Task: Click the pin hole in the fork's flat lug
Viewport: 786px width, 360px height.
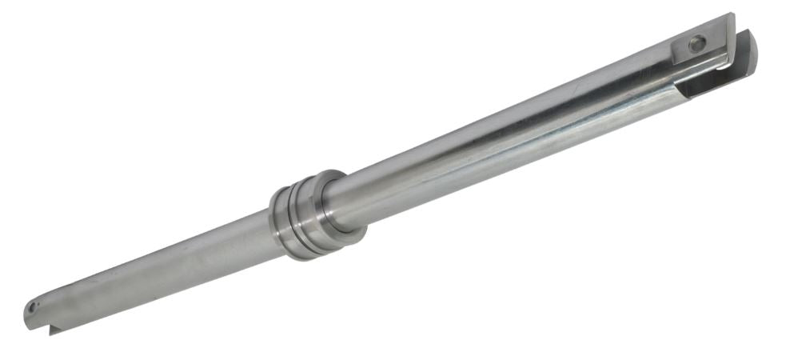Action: (697, 45)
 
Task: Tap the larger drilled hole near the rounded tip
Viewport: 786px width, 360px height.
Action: (33, 306)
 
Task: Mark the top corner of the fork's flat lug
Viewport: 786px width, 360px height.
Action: (731, 15)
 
